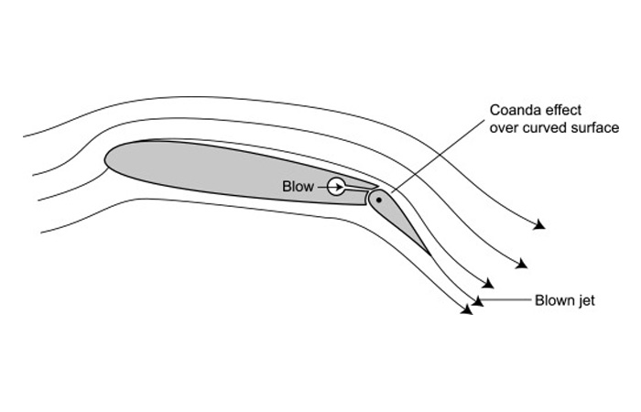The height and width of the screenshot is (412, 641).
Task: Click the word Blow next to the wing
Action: pyautogui.click(x=299, y=187)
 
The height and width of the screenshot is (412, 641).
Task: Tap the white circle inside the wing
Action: pyautogui.click(x=336, y=187)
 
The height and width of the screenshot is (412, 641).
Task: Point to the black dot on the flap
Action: pyautogui.click(x=377, y=198)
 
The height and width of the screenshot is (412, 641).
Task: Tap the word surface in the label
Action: pyautogui.click(x=596, y=128)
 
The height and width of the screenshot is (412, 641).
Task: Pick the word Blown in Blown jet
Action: pyautogui.click(x=553, y=300)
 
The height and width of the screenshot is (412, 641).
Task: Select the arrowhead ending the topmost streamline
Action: pyautogui.click(x=541, y=224)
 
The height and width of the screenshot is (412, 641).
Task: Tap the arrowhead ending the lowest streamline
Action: pyautogui.click(x=467, y=309)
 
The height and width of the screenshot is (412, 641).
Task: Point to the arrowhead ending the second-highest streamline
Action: pyautogui.click(x=522, y=264)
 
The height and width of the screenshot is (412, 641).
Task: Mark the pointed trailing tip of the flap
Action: pyautogui.click(x=428, y=252)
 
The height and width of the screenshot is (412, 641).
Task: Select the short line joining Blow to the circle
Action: pyautogui.click(x=322, y=187)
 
